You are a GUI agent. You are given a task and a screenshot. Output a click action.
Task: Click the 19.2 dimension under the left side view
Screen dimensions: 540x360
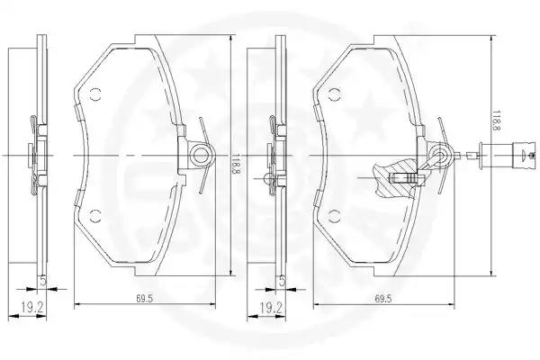point(31,307)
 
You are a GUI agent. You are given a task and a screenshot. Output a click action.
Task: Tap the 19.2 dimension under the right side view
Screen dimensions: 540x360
point(271,307)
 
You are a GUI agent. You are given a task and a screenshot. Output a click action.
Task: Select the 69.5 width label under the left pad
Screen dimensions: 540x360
point(144,299)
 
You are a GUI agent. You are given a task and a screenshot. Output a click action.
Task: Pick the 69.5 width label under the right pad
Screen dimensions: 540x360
point(383,299)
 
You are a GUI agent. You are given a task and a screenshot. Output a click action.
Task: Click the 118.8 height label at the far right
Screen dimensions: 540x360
point(497,121)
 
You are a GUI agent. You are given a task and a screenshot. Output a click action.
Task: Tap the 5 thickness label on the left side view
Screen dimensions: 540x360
point(42,281)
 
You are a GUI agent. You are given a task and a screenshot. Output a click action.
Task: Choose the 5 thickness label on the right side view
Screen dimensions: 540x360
point(282,281)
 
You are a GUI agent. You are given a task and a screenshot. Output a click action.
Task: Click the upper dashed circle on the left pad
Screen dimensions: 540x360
point(95,94)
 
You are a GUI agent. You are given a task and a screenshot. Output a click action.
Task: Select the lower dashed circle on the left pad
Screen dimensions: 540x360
point(95,216)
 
